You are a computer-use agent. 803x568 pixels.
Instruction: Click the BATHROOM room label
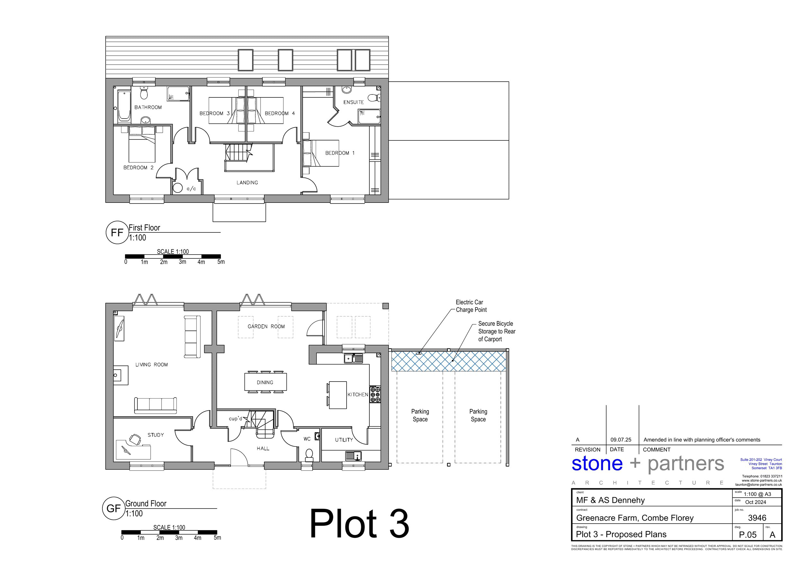pyautogui.click(x=148, y=107)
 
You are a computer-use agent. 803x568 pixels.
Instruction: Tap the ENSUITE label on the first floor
pyautogui.click(x=353, y=102)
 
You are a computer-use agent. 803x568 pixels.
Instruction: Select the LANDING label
pyautogui.click(x=247, y=183)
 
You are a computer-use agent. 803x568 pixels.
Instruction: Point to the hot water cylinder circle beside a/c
pyautogui.click(x=178, y=188)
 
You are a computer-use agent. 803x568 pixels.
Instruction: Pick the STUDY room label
pyautogui.click(x=156, y=435)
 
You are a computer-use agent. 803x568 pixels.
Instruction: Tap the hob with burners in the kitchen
pyautogui.click(x=375, y=394)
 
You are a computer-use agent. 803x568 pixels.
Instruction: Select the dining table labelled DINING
pyautogui.click(x=265, y=382)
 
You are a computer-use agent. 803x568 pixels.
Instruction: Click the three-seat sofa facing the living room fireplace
pyautogui.click(x=155, y=405)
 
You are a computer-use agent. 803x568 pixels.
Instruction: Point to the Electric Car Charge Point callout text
pyautogui.click(x=471, y=306)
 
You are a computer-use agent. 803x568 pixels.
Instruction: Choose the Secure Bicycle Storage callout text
pyautogui.click(x=497, y=331)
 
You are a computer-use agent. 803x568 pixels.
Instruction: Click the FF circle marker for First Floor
pyautogui.click(x=117, y=232)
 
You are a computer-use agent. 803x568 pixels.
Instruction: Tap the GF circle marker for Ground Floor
pyautogui.click(x=114, y=508)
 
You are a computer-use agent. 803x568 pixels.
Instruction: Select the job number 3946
pyautogui.click(x=757, y=518)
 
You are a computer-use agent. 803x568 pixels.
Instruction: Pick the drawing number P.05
pyautogui.click(x=747, y=535)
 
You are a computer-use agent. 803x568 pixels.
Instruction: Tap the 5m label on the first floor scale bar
pyautogui.click(x=221, y=262)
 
